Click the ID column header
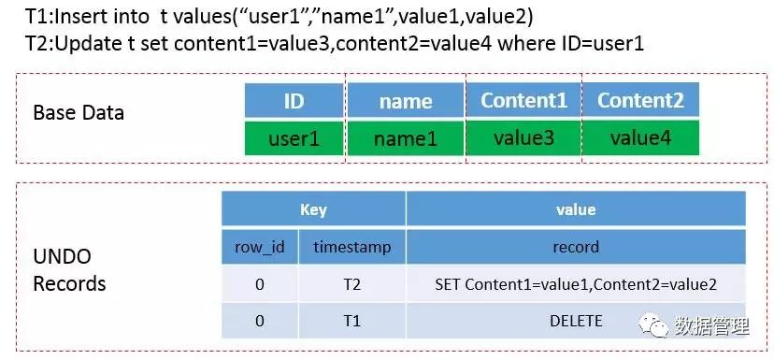click(x=294, y=100)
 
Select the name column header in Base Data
click(x=406, y=100)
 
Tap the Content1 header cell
click(x=523, y=100)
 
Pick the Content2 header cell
click(x=640, y=100)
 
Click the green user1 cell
click(x=294, y=138)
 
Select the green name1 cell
click(x=406, y=138)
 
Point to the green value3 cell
click(x=523, y=137)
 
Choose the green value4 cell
click(x=640, y=137)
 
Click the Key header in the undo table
click(x=313, y=209)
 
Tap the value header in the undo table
click(x=576, y=209)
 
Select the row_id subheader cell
click(x=260, y=247)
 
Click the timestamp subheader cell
click(x=352, y=247)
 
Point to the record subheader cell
click(x=576, y=247)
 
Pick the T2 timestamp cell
click(x=352, y=284)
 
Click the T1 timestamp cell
click(x=352, y=321)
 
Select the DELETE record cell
click(x=576, y=321)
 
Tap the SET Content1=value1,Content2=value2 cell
click(x=576, y=284)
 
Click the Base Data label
click(x=79, y=112)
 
